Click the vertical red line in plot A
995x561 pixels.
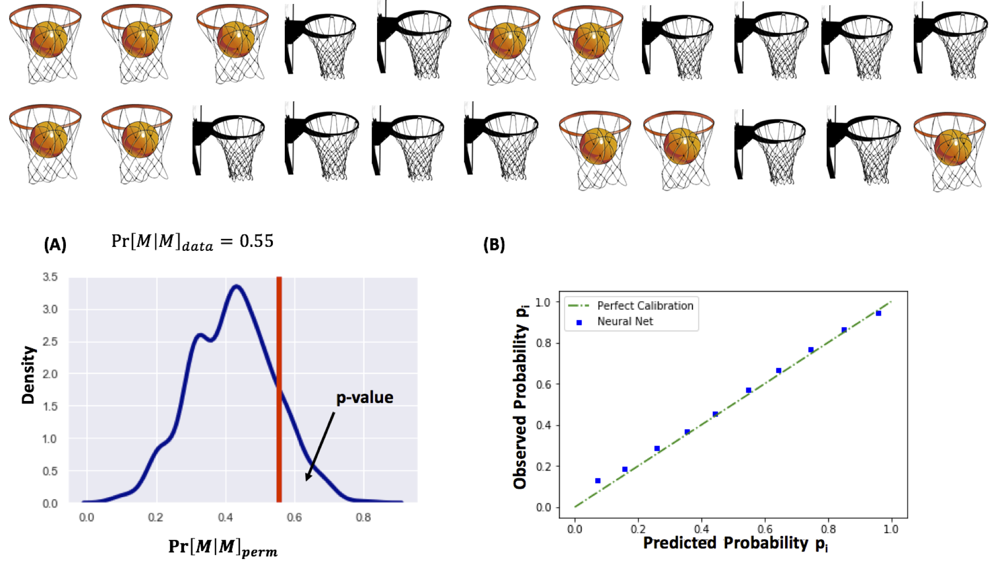click(279, 389)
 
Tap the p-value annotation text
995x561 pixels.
click(365, 397)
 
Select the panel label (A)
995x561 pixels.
click(55, 244)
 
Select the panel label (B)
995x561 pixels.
click(494, 244)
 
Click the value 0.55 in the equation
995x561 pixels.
click(256, 241)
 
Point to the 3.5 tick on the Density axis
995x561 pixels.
click(50, 277)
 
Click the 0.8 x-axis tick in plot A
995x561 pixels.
click(363, 518)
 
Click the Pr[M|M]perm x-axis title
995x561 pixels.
click(222, 547)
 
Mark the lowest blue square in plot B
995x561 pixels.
click(597, 481)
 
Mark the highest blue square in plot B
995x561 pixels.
click(878, 314)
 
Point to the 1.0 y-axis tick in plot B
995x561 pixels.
click(543, 302)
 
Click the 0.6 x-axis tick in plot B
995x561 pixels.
click(765, 529)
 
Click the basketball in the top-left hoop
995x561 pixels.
click(48, 40)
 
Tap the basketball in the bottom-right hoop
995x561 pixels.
click(953, 147)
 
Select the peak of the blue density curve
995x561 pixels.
click(237, 286)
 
